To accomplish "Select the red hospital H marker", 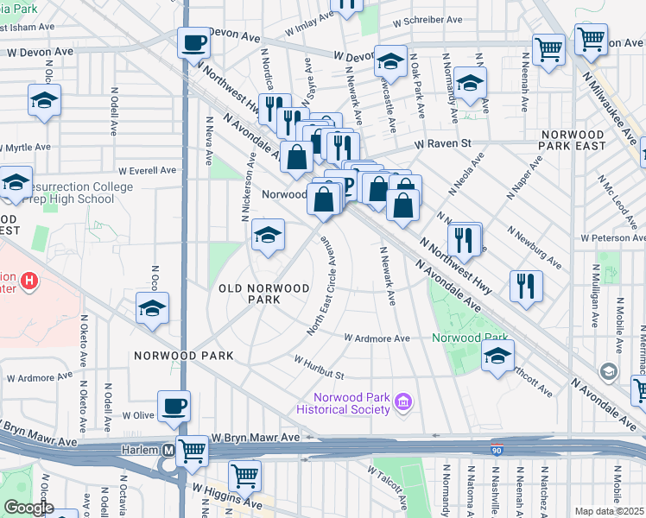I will click(x=29, y=281).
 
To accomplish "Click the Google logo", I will click(x=28, y=508).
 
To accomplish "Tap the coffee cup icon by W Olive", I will click(x=174, y=406).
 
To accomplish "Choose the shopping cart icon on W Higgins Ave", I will click(x=245, y=475).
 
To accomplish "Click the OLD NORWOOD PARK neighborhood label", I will click(x=264, y=294).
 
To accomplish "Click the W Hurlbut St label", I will click(x=319, y=367).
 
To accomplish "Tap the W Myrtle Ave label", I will click(x=26, y=148).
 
